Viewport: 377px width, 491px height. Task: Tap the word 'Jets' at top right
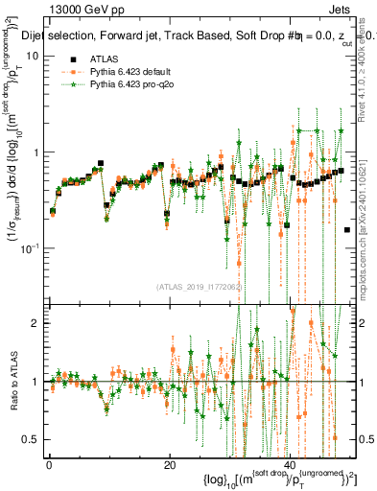point(341,8)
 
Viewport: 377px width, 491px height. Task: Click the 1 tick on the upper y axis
point(35,152)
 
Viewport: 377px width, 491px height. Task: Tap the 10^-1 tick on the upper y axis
point(31,248)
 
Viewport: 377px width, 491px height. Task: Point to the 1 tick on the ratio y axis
point(35,382)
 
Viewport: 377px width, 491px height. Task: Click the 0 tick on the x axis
point(50,464)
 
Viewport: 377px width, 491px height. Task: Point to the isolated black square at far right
point(347,230)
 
